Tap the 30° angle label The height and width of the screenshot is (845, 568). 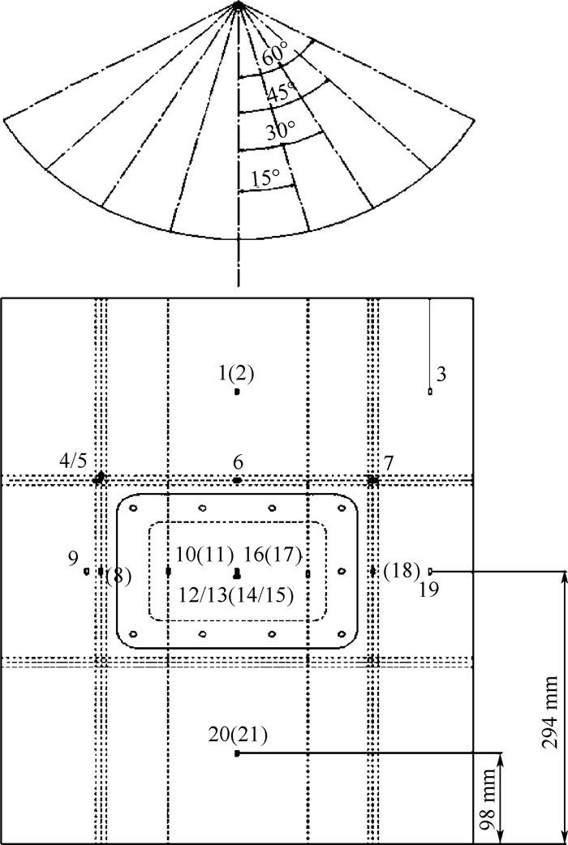(x=281, y=131)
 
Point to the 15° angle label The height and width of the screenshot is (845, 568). (x=265, y=178)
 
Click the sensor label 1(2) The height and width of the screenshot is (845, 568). (x=236, y=374)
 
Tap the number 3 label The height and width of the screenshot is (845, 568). (x=441, y=374)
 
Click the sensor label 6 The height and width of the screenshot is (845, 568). (x=238, y=462)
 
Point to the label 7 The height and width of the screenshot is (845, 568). (x=389, y=463)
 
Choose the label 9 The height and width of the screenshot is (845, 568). (x=73, y=558)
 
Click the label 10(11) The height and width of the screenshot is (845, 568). (x=204, y=555)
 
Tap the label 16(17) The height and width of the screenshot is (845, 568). (x=272, y=555)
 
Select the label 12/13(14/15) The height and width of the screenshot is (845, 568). (x=236, y=595)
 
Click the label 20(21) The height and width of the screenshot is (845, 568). (x=238, y=735)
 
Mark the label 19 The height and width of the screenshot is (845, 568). (x=429, y=589)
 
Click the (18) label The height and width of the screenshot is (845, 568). (x=402, y=571)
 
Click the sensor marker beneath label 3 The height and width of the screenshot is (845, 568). (x=430, y=392)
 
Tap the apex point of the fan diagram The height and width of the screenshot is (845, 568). (x=238, y=5)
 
